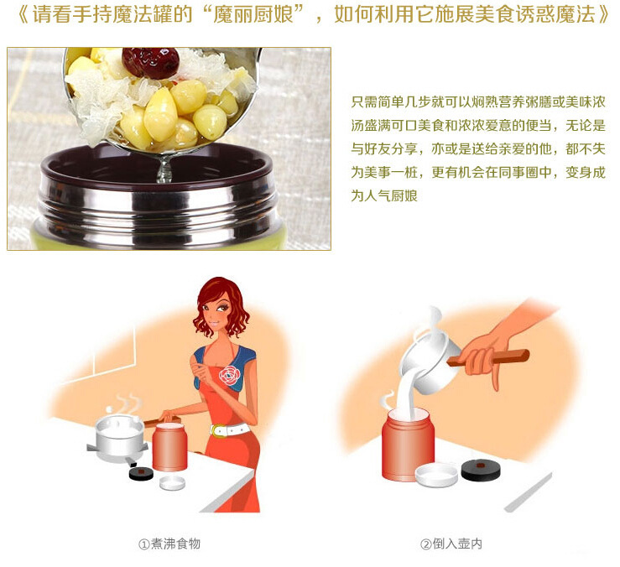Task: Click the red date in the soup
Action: tap(150, 62)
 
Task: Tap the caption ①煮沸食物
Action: tap(169, 544)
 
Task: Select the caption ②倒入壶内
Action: tap(451, 544)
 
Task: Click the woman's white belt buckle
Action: tap(216, 430)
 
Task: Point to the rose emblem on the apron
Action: tap(229, 375)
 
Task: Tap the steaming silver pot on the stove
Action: tap(117, 437)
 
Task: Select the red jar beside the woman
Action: tap(169, 447)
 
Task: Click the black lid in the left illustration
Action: tap(141, 473)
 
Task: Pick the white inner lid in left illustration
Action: tap(172, 483)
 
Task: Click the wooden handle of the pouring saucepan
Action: tap(490, 357)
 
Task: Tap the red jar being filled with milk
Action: tap(407, 445)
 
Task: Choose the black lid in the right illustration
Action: tap(481, 471)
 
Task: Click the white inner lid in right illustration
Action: tap(436, 476)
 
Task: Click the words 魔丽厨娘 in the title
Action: tap(253, 14)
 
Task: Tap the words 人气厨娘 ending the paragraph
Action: tap(391, 195)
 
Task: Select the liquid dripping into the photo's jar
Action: tap(164, 168)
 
